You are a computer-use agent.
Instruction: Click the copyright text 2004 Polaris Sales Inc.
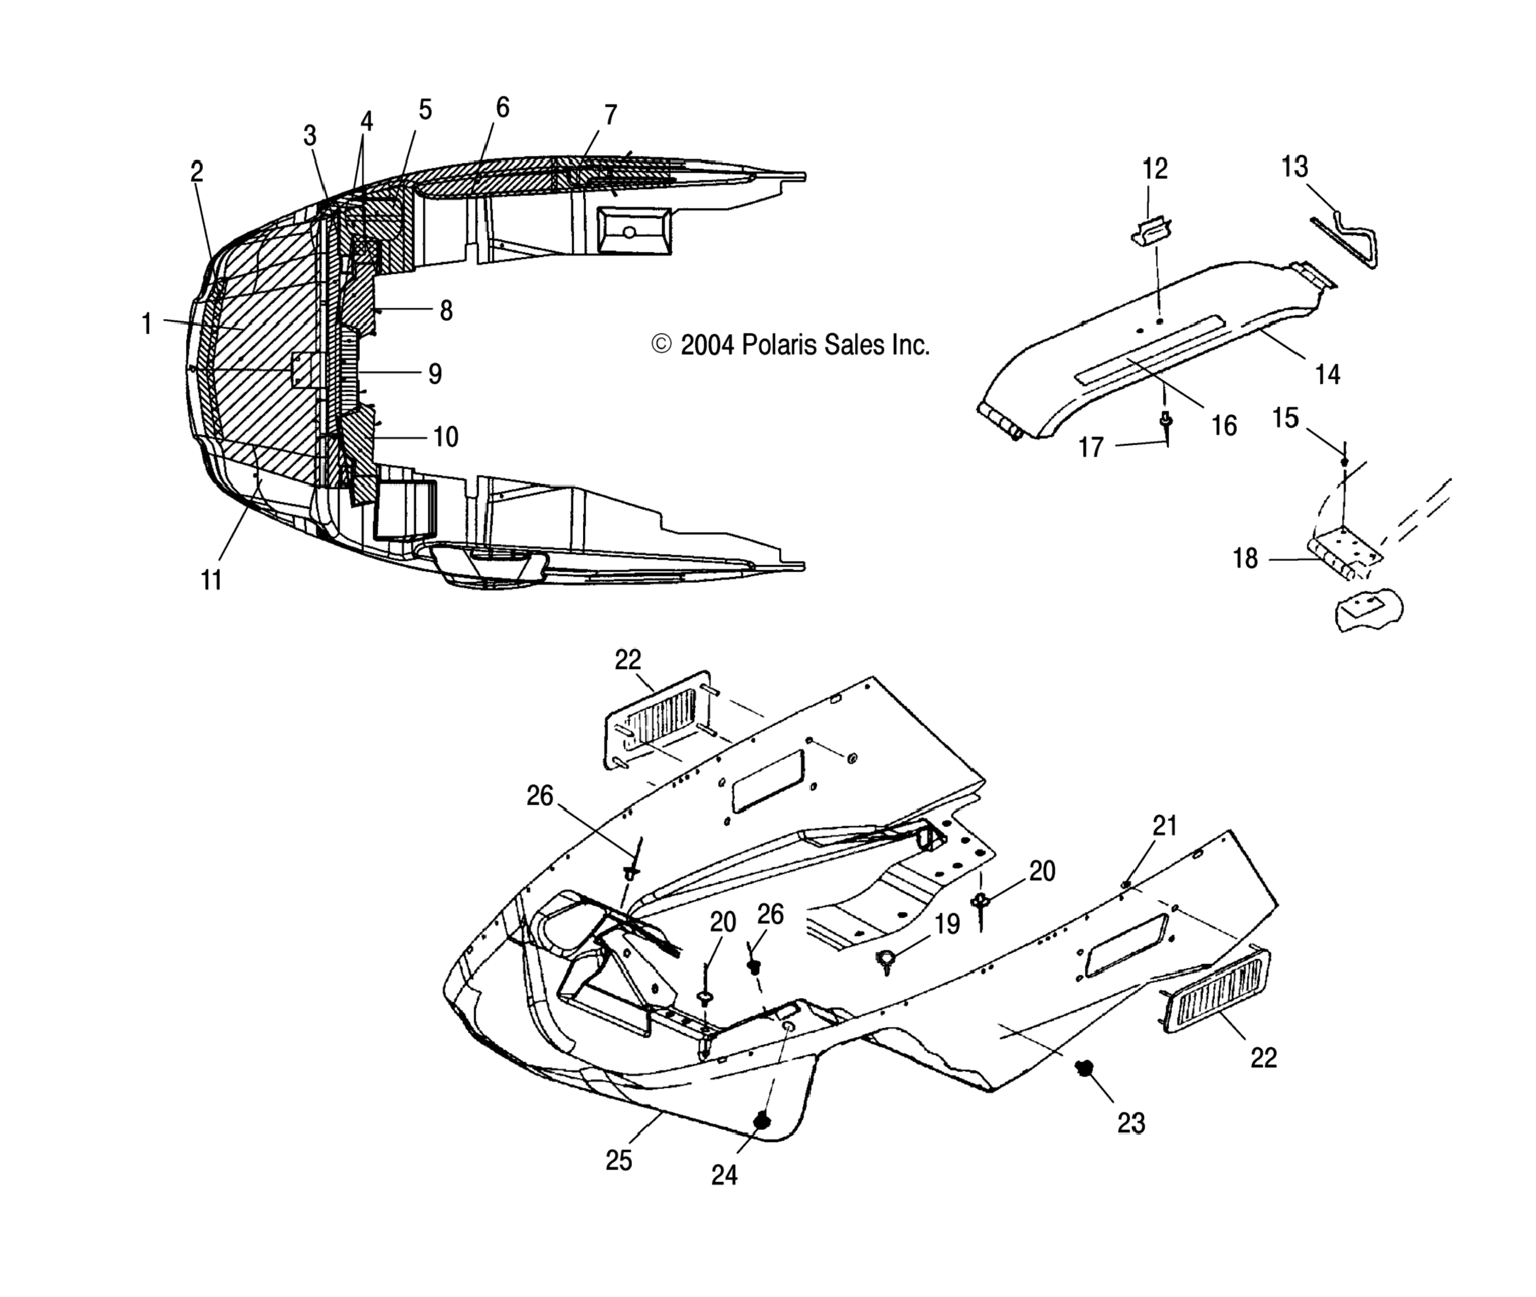coord(791,344)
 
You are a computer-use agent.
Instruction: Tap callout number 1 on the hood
coord(146,323)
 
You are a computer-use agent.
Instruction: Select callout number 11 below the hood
coord(211,580)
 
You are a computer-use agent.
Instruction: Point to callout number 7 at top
coord(609,115)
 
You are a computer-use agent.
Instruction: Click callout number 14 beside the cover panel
coord(1327,374)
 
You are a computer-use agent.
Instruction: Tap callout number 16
coord(1224,425)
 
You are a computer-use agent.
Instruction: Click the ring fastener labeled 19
coord(886,959)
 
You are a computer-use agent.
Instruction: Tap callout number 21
coord(1165,826)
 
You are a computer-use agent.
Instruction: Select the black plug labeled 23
coord(1083,1067)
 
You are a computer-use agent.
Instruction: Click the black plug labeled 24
coord(763,1121)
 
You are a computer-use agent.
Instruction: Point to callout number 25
coord(618,1160)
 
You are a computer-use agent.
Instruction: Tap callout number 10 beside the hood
coord(445,437)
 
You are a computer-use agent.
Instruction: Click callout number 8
coord(445,311)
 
